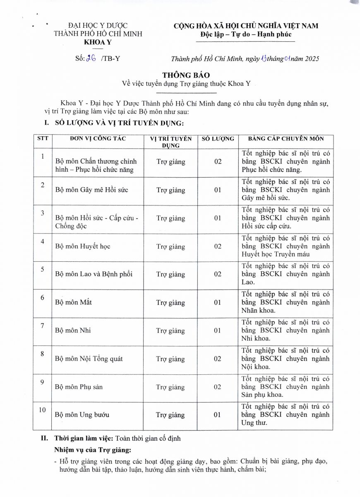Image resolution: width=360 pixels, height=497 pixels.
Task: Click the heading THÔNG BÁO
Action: (180, 75)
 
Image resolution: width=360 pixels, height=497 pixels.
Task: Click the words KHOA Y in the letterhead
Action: (98, 42)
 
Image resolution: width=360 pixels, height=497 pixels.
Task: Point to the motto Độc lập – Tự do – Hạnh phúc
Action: (245, 34)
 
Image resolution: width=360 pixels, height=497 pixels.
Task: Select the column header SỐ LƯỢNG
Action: (218, 139)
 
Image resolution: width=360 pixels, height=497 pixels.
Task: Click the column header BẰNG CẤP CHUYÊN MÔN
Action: (286, 139)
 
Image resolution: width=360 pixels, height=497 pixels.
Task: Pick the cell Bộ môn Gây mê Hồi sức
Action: (91, 190)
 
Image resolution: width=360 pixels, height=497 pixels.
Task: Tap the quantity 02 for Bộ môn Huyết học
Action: (218, 246)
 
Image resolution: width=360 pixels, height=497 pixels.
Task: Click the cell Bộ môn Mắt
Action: (73, 302)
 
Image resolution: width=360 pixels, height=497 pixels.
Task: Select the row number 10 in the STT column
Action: (42, 410)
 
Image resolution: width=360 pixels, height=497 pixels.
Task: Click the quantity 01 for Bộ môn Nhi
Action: (218, 331)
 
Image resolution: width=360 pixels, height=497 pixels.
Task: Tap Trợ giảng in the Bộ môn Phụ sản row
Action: (170, 387)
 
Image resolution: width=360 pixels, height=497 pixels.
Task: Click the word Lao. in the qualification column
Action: (248, 282)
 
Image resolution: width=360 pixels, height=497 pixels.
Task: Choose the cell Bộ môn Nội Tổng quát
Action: (89, 359)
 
